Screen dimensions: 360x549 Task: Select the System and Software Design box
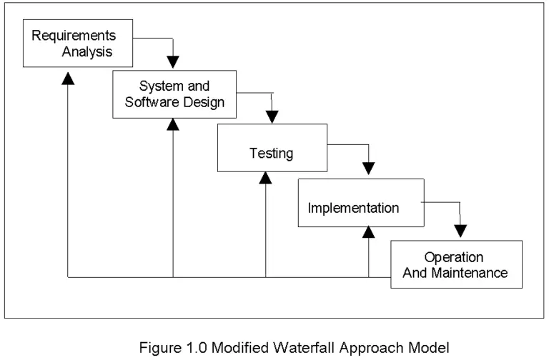174,94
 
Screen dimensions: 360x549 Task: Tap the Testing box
272,153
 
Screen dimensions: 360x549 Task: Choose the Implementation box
353,208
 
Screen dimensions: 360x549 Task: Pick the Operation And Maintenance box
455,264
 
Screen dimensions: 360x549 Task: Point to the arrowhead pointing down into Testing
272,116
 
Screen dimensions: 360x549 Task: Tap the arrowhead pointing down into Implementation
369,169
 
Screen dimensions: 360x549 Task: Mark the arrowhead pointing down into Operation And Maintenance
461,231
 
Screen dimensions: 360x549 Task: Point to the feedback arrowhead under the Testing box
266,178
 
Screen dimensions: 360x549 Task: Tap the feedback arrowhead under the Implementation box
369,233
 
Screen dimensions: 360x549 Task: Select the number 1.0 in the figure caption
187,348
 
